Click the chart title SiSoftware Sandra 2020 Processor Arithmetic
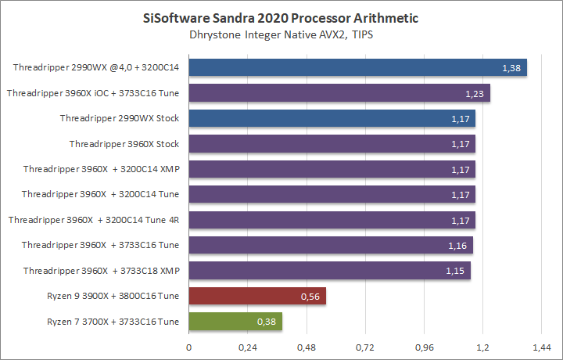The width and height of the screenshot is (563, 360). point(281,16)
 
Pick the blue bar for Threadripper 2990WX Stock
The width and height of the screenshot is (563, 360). point(332,118)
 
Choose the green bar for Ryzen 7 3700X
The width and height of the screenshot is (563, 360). point(235,321)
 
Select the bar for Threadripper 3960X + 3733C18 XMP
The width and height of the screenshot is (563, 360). point(329,271)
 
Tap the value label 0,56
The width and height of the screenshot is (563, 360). point(310,297)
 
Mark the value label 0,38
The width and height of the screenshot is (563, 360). point(267,322)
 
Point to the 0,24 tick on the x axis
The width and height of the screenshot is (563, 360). point(248,346)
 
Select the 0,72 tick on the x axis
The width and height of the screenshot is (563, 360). point(365,346)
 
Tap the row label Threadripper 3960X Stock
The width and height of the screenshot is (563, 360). point(124,144)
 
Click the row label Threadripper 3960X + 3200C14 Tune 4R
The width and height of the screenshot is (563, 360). point(94,220)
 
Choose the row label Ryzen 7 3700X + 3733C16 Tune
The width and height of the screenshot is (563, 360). point(113,321)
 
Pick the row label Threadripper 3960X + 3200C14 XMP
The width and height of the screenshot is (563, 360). point(102,169)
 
